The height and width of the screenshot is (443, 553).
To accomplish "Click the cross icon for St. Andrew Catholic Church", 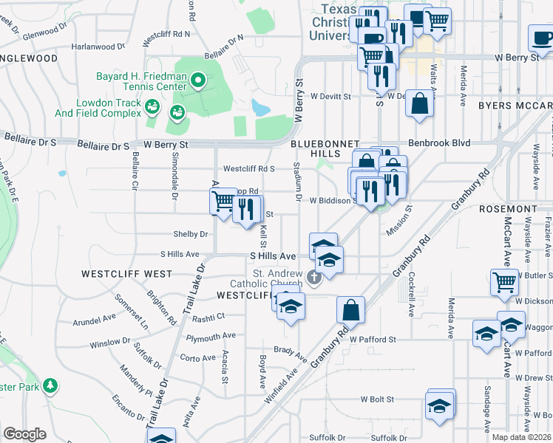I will (314, 278).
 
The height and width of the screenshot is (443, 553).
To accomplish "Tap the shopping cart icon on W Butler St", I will (504, 281).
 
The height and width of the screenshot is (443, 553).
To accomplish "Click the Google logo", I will (24, 434).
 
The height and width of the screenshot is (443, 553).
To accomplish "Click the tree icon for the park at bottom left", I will (50, 385).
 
